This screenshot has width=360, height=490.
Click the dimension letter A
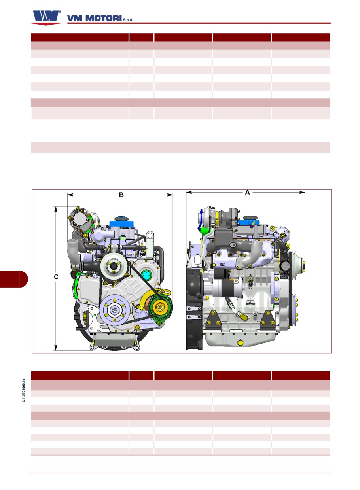coord(247,192)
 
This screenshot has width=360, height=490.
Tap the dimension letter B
coord(121,195)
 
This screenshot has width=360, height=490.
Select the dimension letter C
coord(56,277)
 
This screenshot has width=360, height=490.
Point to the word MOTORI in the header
coord(103,18)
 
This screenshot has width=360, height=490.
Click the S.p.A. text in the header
coord(128,20)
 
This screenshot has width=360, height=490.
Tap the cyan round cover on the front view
coord(146,275)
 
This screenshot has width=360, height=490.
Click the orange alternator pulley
coord(159,307)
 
